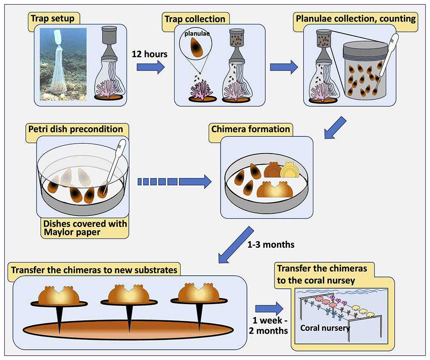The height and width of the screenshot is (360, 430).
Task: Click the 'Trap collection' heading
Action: (195, 19)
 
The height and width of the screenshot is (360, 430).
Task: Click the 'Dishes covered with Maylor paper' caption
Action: (84, 228)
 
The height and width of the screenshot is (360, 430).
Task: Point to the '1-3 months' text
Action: (271, 245)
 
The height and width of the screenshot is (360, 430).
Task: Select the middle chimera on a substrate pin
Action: (128, 295)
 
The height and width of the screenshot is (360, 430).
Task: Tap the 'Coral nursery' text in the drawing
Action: (325, 328)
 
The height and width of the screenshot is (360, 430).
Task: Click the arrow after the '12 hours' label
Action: (150, 67)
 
